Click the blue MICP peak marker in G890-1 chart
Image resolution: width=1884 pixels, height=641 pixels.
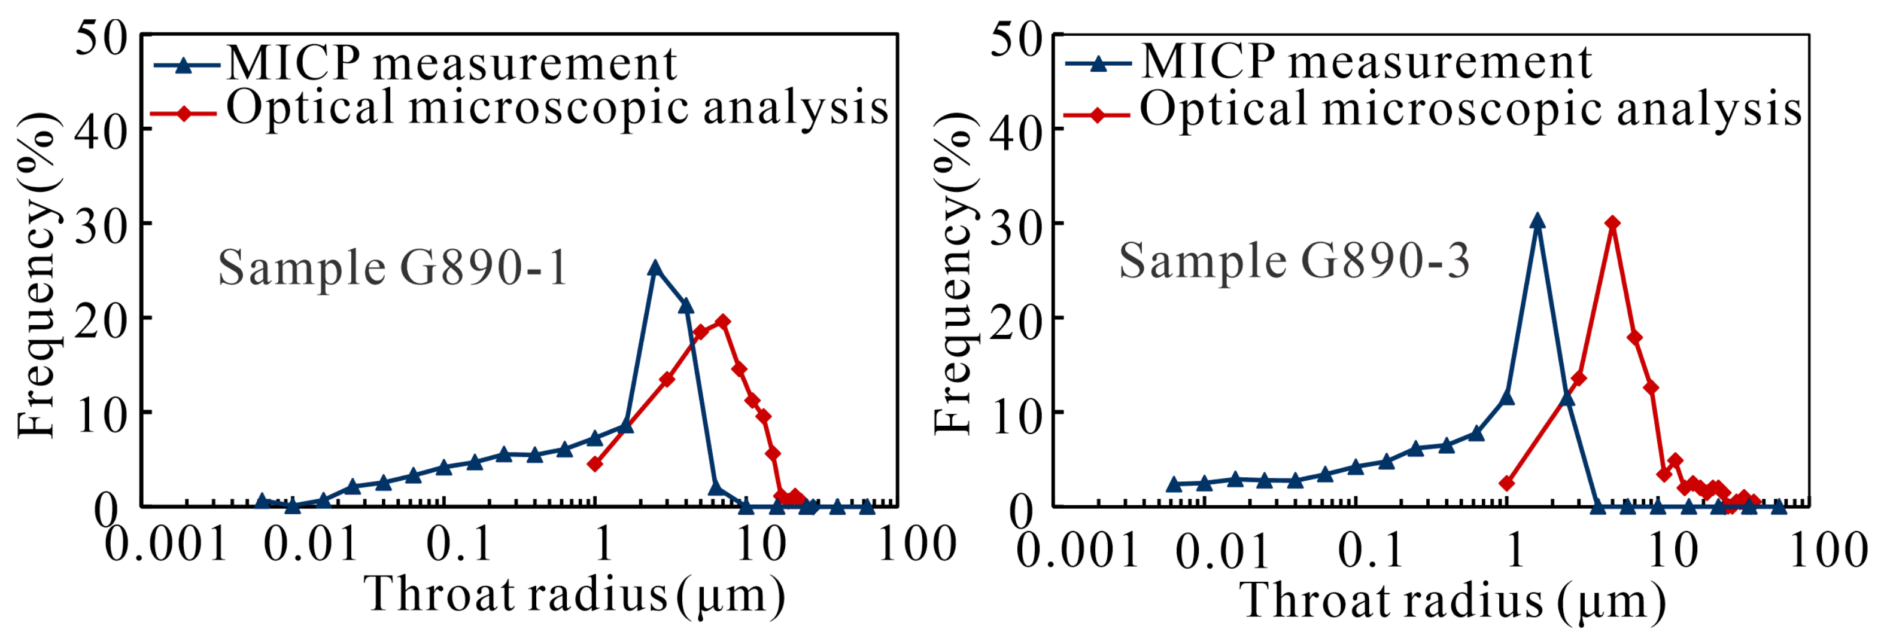[x=655, y=269]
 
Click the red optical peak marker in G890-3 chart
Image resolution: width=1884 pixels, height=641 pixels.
[x=1612, y=223]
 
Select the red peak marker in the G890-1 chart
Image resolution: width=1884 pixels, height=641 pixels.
[x=722, y=322]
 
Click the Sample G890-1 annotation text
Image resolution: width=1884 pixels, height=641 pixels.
[x=393, y=268]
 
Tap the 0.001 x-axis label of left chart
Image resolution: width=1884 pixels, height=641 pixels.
[x=166, y=545]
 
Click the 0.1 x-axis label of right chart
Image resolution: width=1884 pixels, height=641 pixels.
[x=1370, y=550]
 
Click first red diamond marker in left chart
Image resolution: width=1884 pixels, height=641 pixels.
[x=595, y=464]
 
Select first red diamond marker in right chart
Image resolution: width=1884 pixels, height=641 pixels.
[x=1506, y=484]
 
